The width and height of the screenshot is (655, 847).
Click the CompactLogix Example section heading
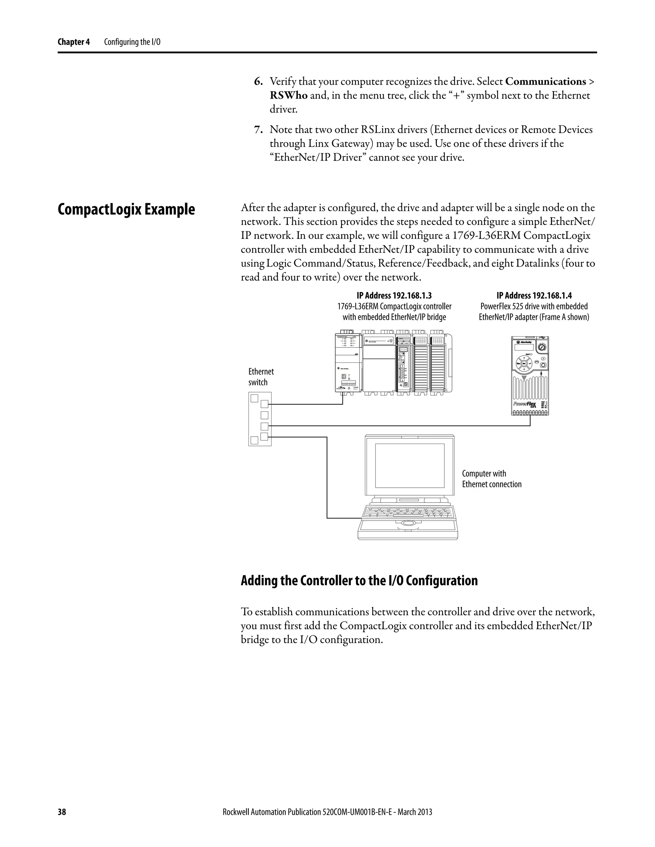coord(126,210)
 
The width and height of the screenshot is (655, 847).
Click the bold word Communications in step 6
coord(546,82)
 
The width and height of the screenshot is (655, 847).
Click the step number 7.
coord(258,129)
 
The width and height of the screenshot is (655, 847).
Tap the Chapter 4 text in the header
coord(73,42)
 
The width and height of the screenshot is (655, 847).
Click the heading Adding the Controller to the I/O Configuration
coord(359,580)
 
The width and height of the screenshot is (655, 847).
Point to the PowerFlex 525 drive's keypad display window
coord(524,347)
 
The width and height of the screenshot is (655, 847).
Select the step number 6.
coord(258,82)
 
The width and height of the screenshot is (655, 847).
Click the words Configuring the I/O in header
coord(132,42)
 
